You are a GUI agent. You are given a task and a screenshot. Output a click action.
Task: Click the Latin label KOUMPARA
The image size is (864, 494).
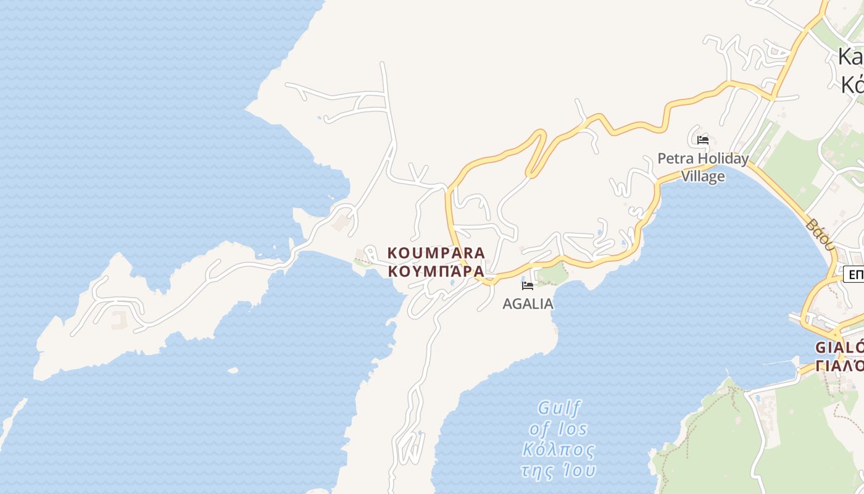tap(436, 253)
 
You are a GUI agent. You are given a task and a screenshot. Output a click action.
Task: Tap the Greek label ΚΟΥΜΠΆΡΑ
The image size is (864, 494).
tap(436, 271)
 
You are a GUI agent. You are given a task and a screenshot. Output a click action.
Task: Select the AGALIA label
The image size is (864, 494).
tap(528, 304)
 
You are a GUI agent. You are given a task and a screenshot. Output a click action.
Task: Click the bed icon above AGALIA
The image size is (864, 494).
tap(528, 286)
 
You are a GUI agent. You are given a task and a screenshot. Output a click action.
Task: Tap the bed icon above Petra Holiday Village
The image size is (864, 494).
tap(703, 140)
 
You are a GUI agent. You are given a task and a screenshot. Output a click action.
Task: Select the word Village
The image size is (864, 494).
tap(703, 177)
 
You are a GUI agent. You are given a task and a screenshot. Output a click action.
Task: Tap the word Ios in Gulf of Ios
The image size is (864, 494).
tap(575, 429)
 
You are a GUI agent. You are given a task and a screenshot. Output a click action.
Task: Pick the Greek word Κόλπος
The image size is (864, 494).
tap(559, 449)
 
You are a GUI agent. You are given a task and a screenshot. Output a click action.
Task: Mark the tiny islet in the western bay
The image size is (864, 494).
tap(233, 371)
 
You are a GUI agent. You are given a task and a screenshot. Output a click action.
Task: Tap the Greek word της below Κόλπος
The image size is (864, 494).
tap(535, 471)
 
